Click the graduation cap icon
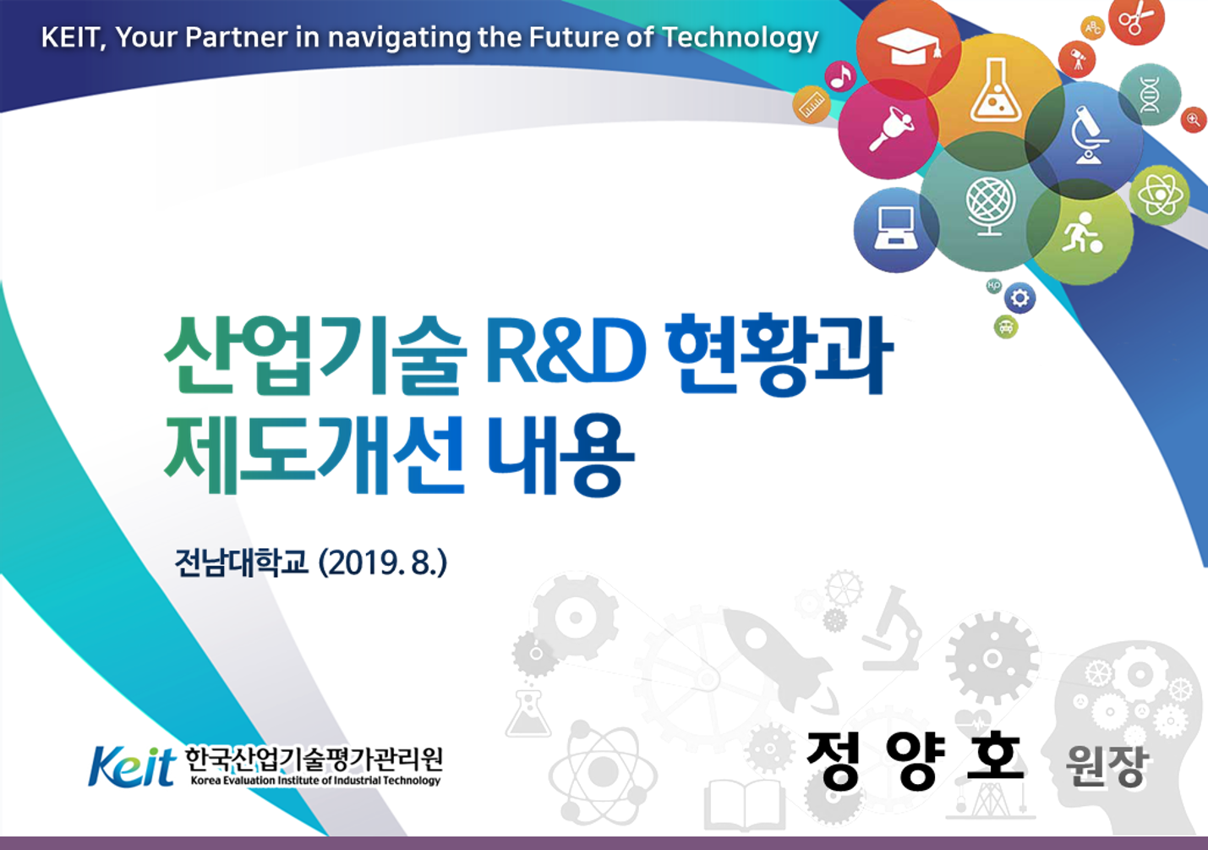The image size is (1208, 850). tap(908, 46)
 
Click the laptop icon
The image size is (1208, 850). tap(895, 228)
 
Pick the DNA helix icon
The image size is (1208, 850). tap(1149, 95)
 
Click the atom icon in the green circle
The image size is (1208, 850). tap(1160, 195)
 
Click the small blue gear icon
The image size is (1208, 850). tap(1019, 298)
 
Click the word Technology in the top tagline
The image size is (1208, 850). tap(740, 39)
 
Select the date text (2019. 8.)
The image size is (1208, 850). tap(384, 563)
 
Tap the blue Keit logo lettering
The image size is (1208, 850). tap(132, 765)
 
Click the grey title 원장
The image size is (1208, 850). tap(1107, 765)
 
